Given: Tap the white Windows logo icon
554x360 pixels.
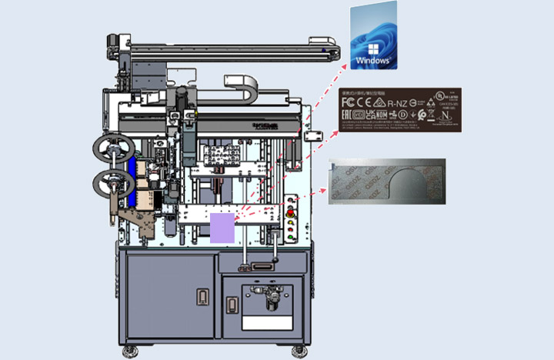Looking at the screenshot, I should pos(372,44).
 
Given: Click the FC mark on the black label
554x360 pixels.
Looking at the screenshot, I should pos(346,103).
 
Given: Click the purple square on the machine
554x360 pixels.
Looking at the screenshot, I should pos(222,228).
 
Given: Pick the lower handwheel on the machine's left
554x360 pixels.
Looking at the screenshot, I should pos(109,183).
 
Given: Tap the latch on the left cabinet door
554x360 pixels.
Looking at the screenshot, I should pos(202,297).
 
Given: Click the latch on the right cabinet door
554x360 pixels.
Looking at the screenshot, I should pos(229,304).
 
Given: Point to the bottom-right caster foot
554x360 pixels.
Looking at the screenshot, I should pos(299,352).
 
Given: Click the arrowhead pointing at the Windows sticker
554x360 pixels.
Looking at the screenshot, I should pos(345,68).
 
